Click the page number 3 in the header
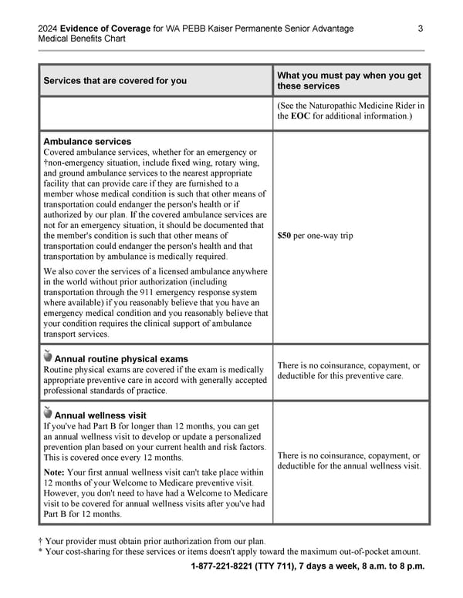pos(421,29)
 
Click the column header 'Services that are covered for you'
pos(115,81)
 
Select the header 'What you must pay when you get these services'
pos(349,80)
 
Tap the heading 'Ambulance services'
pos(87,142)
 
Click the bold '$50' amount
pos(285,235)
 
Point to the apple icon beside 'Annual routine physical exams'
pos(48,357)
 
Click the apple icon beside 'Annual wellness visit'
pos(48,414)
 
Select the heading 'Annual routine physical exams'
pos(121,359)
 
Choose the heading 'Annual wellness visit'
pos(100,415)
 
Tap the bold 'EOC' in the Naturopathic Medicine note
pos(301,116)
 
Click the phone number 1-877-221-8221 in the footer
pos(228,567)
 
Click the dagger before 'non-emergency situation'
pos(46,163)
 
